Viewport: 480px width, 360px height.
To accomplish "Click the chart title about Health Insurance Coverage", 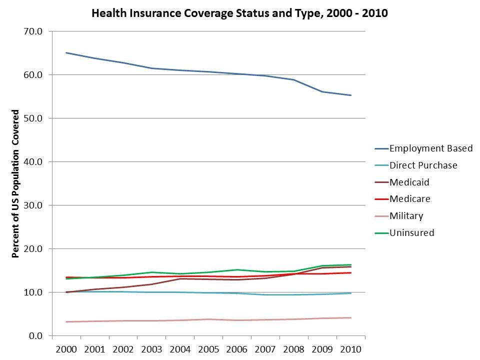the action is click(x=239, y=13).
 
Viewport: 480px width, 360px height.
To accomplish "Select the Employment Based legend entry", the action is click(x=423, y=148).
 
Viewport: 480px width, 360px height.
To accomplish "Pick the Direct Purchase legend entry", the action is click(x=416, y=165).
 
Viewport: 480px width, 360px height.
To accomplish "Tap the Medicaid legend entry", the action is click(x=402, y=182).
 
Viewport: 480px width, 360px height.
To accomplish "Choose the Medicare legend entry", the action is click(x=402, y=199).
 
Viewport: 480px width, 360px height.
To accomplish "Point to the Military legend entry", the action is click(x=399, y=216).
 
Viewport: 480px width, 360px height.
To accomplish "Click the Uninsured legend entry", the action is click(x=404, y=233).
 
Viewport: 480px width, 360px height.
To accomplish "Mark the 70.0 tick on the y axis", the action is click(x=33, y=31).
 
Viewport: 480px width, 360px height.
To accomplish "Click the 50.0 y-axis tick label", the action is click(x=33, y=118).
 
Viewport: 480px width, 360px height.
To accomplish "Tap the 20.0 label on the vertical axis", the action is click(x=33, y=248).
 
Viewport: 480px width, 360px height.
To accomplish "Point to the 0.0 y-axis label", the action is click(x=36, y=336).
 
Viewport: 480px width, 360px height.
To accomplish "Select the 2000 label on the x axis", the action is click(x=66, y=349).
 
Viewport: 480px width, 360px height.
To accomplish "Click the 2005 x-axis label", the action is click(x=209, y=349).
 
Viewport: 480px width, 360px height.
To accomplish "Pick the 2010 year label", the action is click(x=351, y=349).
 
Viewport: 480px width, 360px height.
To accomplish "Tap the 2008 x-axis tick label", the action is click(x=294, y=349).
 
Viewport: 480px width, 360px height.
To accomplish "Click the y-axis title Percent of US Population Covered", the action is click(x=15, y=183).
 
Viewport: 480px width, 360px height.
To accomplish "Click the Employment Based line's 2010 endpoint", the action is click(x=351, y=95).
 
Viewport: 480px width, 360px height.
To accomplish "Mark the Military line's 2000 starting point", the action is click(x=66, y=321).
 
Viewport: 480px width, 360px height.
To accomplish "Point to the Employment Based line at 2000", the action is click(x=66, y=52).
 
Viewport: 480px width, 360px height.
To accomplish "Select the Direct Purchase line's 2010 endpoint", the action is click(x=351, y=293).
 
